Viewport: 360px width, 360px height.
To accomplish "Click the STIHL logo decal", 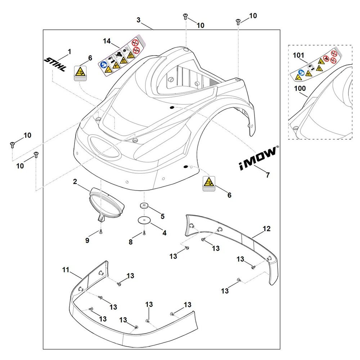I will (55, 64).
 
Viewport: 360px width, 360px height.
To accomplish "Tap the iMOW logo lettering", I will (258, 157).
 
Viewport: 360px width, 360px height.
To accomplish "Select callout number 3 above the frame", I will (139, 20).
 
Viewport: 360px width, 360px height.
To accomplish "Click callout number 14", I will (107, 41).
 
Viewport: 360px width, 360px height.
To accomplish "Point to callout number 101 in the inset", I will (299, 55).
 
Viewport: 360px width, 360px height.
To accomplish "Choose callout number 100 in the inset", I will (300, 88).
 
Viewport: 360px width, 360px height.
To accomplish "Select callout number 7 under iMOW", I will (267, 175).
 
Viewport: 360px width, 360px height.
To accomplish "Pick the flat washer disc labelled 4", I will (144, 220).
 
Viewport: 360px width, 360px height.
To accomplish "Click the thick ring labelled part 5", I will (144, 205).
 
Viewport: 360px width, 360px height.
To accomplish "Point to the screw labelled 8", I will (144, 233).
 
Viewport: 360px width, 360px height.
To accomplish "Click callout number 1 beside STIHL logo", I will (69, 51).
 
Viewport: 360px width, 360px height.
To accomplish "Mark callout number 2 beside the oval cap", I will (75, 182).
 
